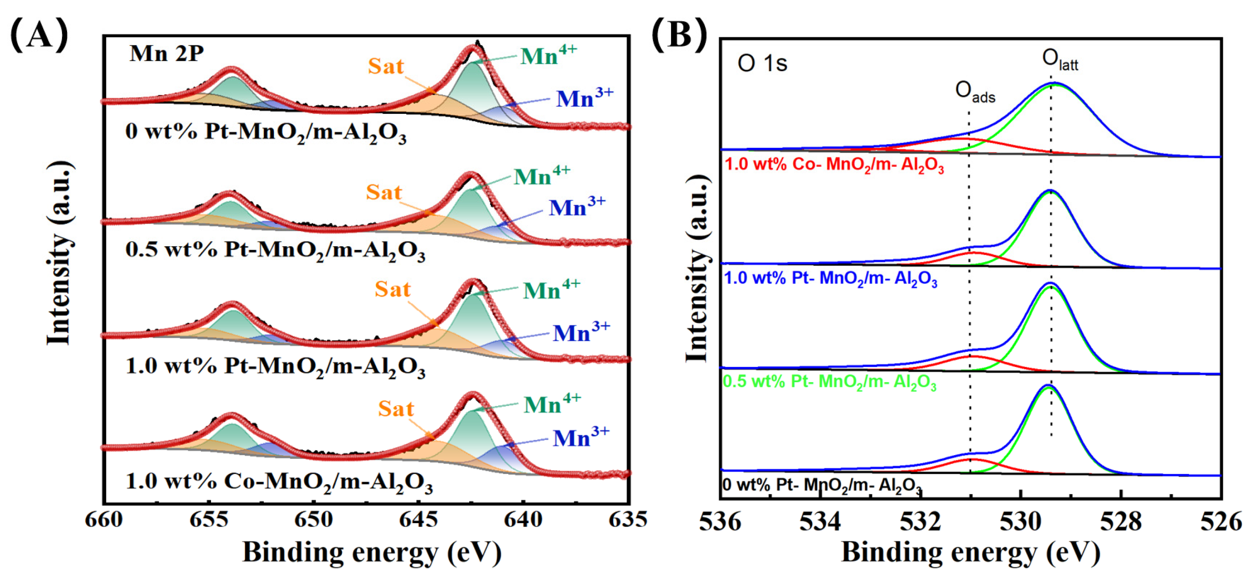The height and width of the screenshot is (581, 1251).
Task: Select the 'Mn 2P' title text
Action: (166, 53)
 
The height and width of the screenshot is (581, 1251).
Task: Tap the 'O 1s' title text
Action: (762, 63)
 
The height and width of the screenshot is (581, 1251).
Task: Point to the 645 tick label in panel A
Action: (418, 520)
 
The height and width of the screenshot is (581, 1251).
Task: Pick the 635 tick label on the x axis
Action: (628, 520)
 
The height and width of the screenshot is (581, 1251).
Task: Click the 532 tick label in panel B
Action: (920, 522)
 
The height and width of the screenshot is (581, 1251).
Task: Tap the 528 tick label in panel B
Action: (1121, 522)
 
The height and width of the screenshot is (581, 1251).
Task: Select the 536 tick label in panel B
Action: (720, 522)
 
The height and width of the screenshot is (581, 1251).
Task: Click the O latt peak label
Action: (1060, 61)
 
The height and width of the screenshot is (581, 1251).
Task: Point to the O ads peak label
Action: (975, 92)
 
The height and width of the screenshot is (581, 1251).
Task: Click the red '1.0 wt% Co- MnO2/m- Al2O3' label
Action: (834, 165)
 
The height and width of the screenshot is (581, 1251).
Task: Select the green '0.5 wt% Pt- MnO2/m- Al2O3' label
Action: (830, 382)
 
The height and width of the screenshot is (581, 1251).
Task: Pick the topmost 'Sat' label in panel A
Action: (386, 66)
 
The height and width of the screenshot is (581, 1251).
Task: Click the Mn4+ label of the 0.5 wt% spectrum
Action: (542, 175)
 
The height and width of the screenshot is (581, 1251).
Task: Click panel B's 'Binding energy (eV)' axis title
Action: (971, 553)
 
